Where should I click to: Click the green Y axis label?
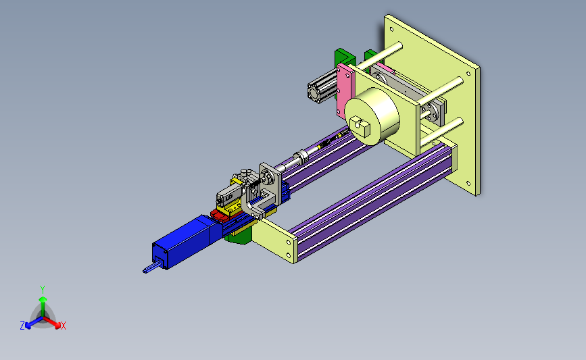point(43,290)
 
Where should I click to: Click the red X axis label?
point(64,326)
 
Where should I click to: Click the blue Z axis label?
point(22,326)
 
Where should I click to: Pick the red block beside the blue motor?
point(220,215)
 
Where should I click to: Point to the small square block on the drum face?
point(360,126)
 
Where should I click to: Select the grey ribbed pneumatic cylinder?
point(322,87)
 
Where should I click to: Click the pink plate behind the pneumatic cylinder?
point(345,91)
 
